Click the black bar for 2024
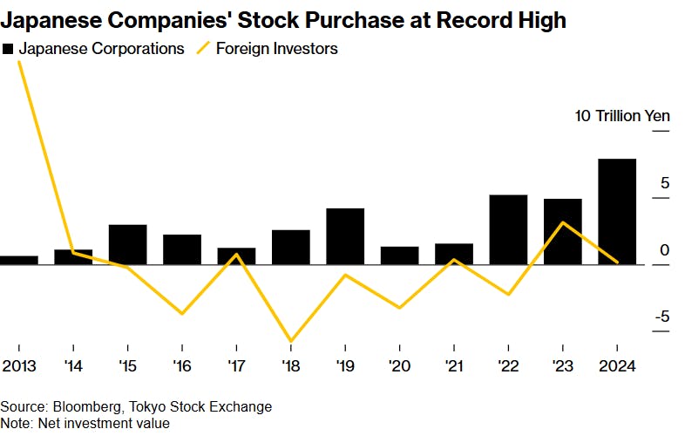pyautogui.click(x=617, y=212)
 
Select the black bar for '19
pyautogui.click(x=345, y=236)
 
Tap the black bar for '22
pyautogui.click(x=508, y=229)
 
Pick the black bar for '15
pyautogui.click(x=127, y=244)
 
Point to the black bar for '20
pyautogui.click(x=399, y=255)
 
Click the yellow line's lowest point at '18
pyautogui.click(x=291, y=341)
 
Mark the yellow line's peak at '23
pyautogui.click(x=563, y=222)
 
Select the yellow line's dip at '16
pyautogui.click(x=182, y=313)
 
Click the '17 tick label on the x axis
pyautogui.click(x=236, y=365)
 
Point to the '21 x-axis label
pyautogui.click(x=453, y=365)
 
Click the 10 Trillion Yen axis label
pyautogui.click(x=621, y=116)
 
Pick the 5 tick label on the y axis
pyautogui.click(x=664, y=183)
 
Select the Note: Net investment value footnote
pyautogui.click(x=85, y=423)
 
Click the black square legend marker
pyautogui.click(x=8, y=50)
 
